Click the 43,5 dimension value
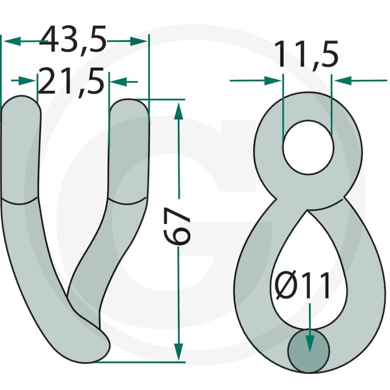point(73,39)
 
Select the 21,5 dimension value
point(71,81)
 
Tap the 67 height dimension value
point(177,226)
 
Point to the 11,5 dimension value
point(306,54)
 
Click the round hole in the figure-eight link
point(308,147)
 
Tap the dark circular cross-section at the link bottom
point(309,351)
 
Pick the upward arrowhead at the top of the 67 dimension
point(178,111)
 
